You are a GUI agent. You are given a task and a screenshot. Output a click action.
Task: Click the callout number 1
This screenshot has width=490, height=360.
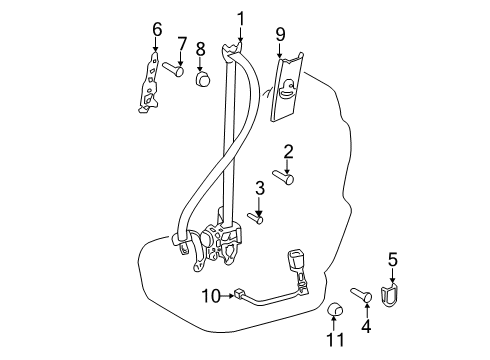241,19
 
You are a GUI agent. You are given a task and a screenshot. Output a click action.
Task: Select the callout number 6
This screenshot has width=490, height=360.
157,29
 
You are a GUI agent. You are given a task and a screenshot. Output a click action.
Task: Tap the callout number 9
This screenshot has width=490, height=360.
280,34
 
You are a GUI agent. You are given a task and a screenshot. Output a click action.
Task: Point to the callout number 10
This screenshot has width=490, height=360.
211,296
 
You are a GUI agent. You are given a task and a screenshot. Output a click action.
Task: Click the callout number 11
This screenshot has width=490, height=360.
335,340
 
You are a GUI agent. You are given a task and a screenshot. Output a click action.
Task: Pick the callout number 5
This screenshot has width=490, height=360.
393,259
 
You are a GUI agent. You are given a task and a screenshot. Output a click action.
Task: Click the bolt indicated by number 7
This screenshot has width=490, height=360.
173,69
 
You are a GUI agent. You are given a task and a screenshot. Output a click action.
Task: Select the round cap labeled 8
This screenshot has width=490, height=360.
203,79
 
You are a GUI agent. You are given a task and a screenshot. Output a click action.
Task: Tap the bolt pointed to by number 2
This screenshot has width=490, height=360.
283,177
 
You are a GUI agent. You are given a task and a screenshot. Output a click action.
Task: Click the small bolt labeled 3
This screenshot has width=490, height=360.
255,218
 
